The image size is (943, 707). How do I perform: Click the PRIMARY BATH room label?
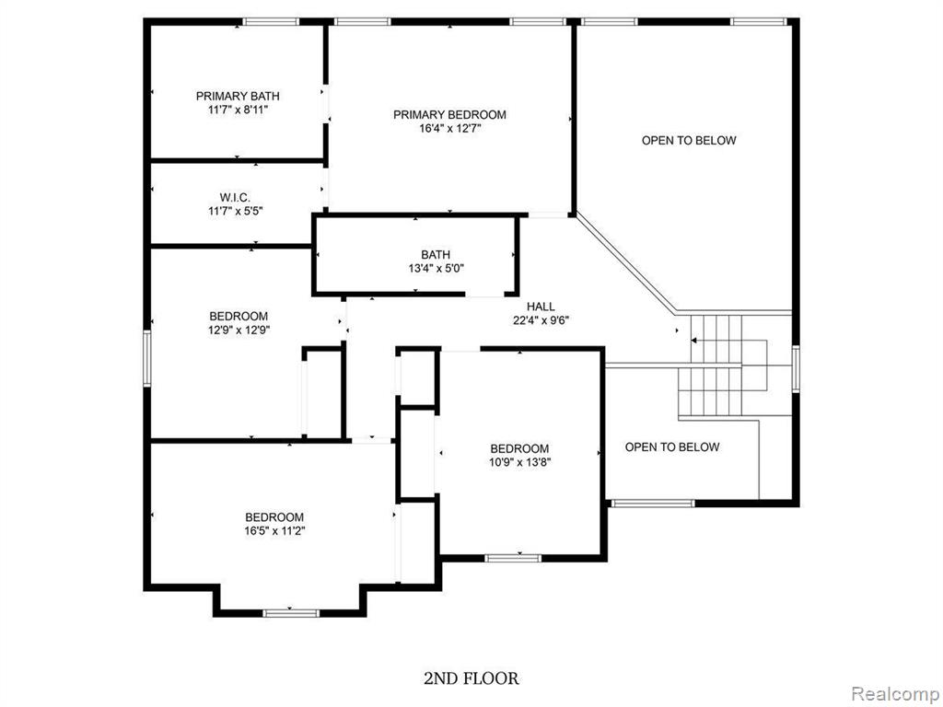[238, 96]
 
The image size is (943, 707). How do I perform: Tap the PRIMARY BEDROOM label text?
[449, 114]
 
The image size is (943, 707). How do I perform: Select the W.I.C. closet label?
[235, 197]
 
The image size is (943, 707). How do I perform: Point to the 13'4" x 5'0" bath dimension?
[436, 268]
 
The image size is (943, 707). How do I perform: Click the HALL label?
[541, 307]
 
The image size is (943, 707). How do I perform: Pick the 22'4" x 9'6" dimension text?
[541, 320]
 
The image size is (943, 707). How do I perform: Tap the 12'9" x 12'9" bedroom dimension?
[239, 330]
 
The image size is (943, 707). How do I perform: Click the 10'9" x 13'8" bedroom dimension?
[519, 462]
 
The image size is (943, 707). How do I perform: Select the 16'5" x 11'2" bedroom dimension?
[274, 530]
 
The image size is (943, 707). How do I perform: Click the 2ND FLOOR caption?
[471, 678]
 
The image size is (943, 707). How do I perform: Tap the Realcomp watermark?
[895, 693]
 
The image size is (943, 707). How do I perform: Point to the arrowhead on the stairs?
[693, 341]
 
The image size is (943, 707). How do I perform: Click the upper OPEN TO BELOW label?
[689, 140]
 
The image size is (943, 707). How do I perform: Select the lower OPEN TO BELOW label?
[671, 446]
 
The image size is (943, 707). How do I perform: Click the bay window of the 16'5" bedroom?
[290, 612]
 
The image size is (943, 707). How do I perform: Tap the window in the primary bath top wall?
[271, 22]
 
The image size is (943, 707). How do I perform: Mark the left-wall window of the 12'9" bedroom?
[146, 358]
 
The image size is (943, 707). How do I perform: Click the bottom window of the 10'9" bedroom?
[513, 558]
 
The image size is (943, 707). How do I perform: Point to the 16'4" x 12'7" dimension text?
[450, 128]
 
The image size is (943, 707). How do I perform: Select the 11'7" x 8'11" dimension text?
[238, 110]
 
